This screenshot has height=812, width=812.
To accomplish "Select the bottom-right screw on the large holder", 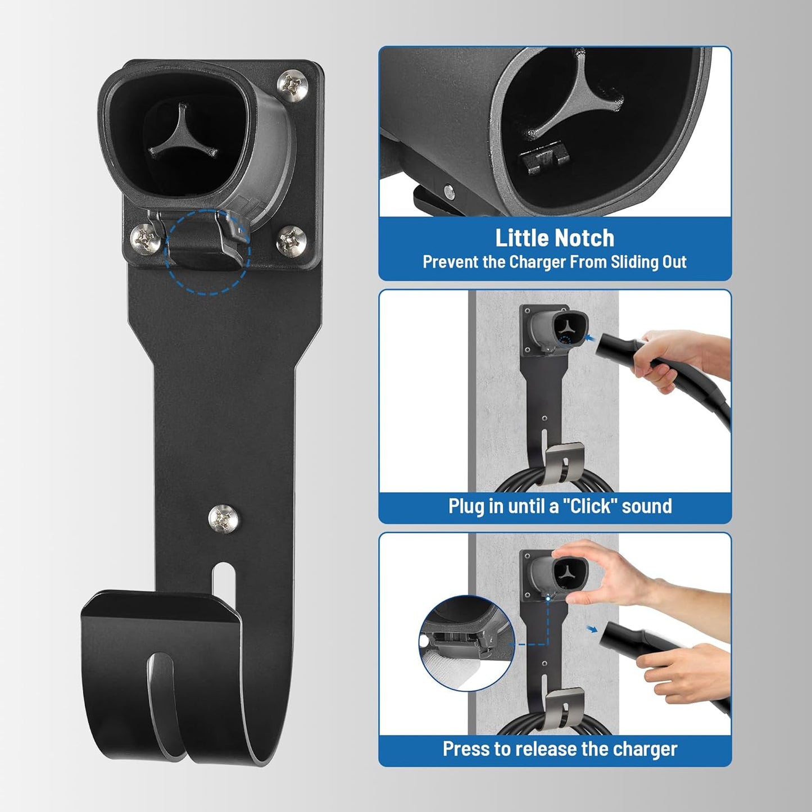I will (292, 240).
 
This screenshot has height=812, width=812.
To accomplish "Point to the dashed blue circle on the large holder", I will (207, 252).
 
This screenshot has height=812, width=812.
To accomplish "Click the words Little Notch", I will (555, 238).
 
